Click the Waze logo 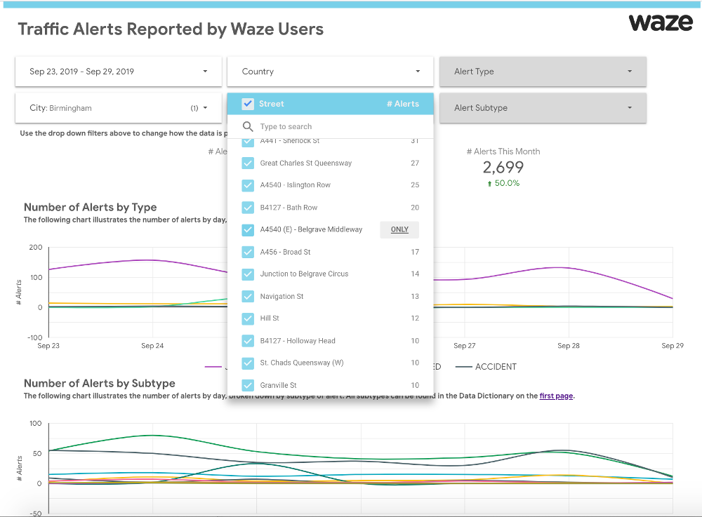coord(660,22)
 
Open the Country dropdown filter coord(330,72)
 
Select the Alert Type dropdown coord(542,72)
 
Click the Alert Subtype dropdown coord(542,108)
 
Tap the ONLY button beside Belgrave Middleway coord(399,229)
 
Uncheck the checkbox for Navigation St coord(248,297)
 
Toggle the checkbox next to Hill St coord(248,318)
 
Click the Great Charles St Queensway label coord(305,163)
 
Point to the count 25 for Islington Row coord(415,185)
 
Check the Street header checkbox coord(248,104)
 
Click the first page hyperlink coord(556,396)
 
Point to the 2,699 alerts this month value coord(503,168)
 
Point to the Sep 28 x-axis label coord(568,346)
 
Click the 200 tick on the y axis coord(35,248)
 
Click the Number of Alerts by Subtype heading coord(99,384)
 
